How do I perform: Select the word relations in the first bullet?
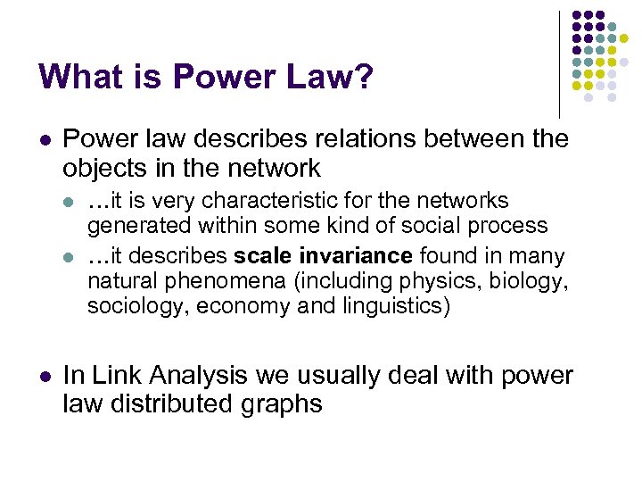coord(350,139)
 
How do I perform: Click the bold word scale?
coord(262,256)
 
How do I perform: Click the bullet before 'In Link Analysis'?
coord(44,377)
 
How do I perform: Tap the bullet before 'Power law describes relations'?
coord(44,140)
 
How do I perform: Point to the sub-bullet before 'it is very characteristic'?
coord(71,202)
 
